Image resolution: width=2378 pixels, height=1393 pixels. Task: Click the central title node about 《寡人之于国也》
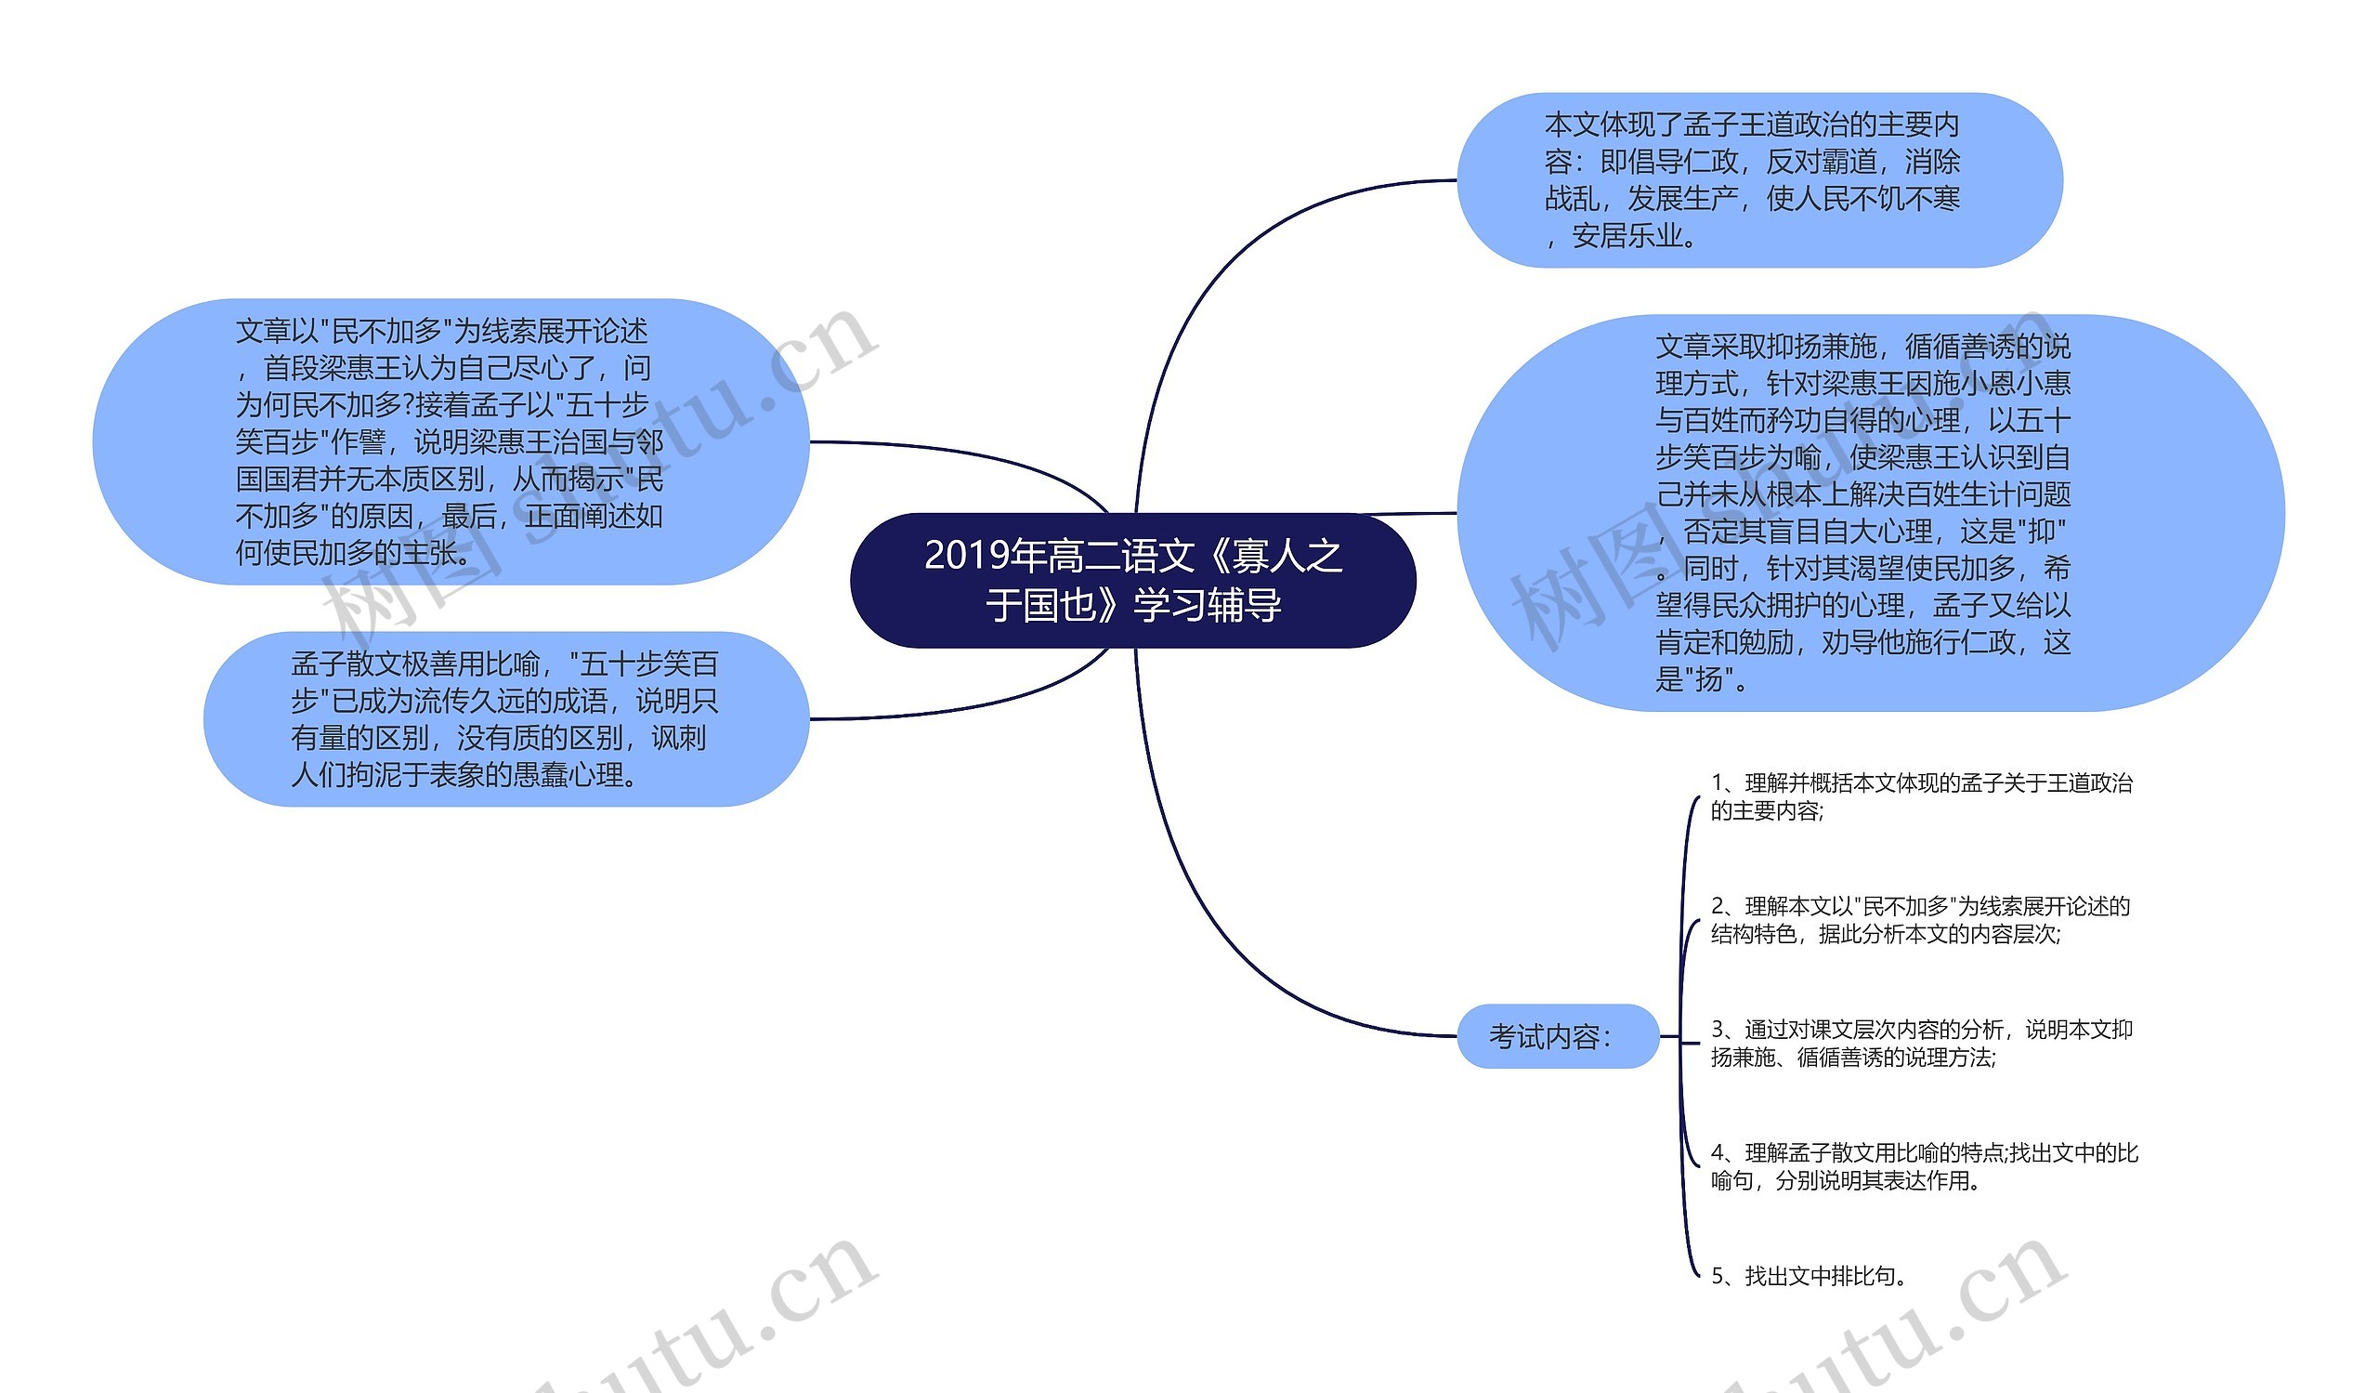coord(1132,580)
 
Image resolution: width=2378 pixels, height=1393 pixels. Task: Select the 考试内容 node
coord(1557,1036)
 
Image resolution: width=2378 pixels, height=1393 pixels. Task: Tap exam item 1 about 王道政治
coord(1920,796)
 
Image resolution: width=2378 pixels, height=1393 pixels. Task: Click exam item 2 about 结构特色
coord(1920,920)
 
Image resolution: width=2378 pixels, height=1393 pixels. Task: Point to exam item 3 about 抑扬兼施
coord(1920,1043)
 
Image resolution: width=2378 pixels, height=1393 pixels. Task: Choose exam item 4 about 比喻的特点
coord(1923,1166)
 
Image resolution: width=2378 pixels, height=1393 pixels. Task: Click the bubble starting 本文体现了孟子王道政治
coord(1759,179)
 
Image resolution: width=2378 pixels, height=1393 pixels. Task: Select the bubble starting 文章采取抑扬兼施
coord(1868,512)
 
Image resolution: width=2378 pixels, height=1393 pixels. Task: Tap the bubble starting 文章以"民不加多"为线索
coord(451,440)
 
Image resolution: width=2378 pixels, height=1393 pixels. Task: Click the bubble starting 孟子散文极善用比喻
coord(506,718)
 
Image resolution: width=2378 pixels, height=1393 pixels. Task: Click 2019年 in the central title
coord(968,555)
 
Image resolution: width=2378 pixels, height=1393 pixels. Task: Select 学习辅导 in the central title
coord(1208,605)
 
